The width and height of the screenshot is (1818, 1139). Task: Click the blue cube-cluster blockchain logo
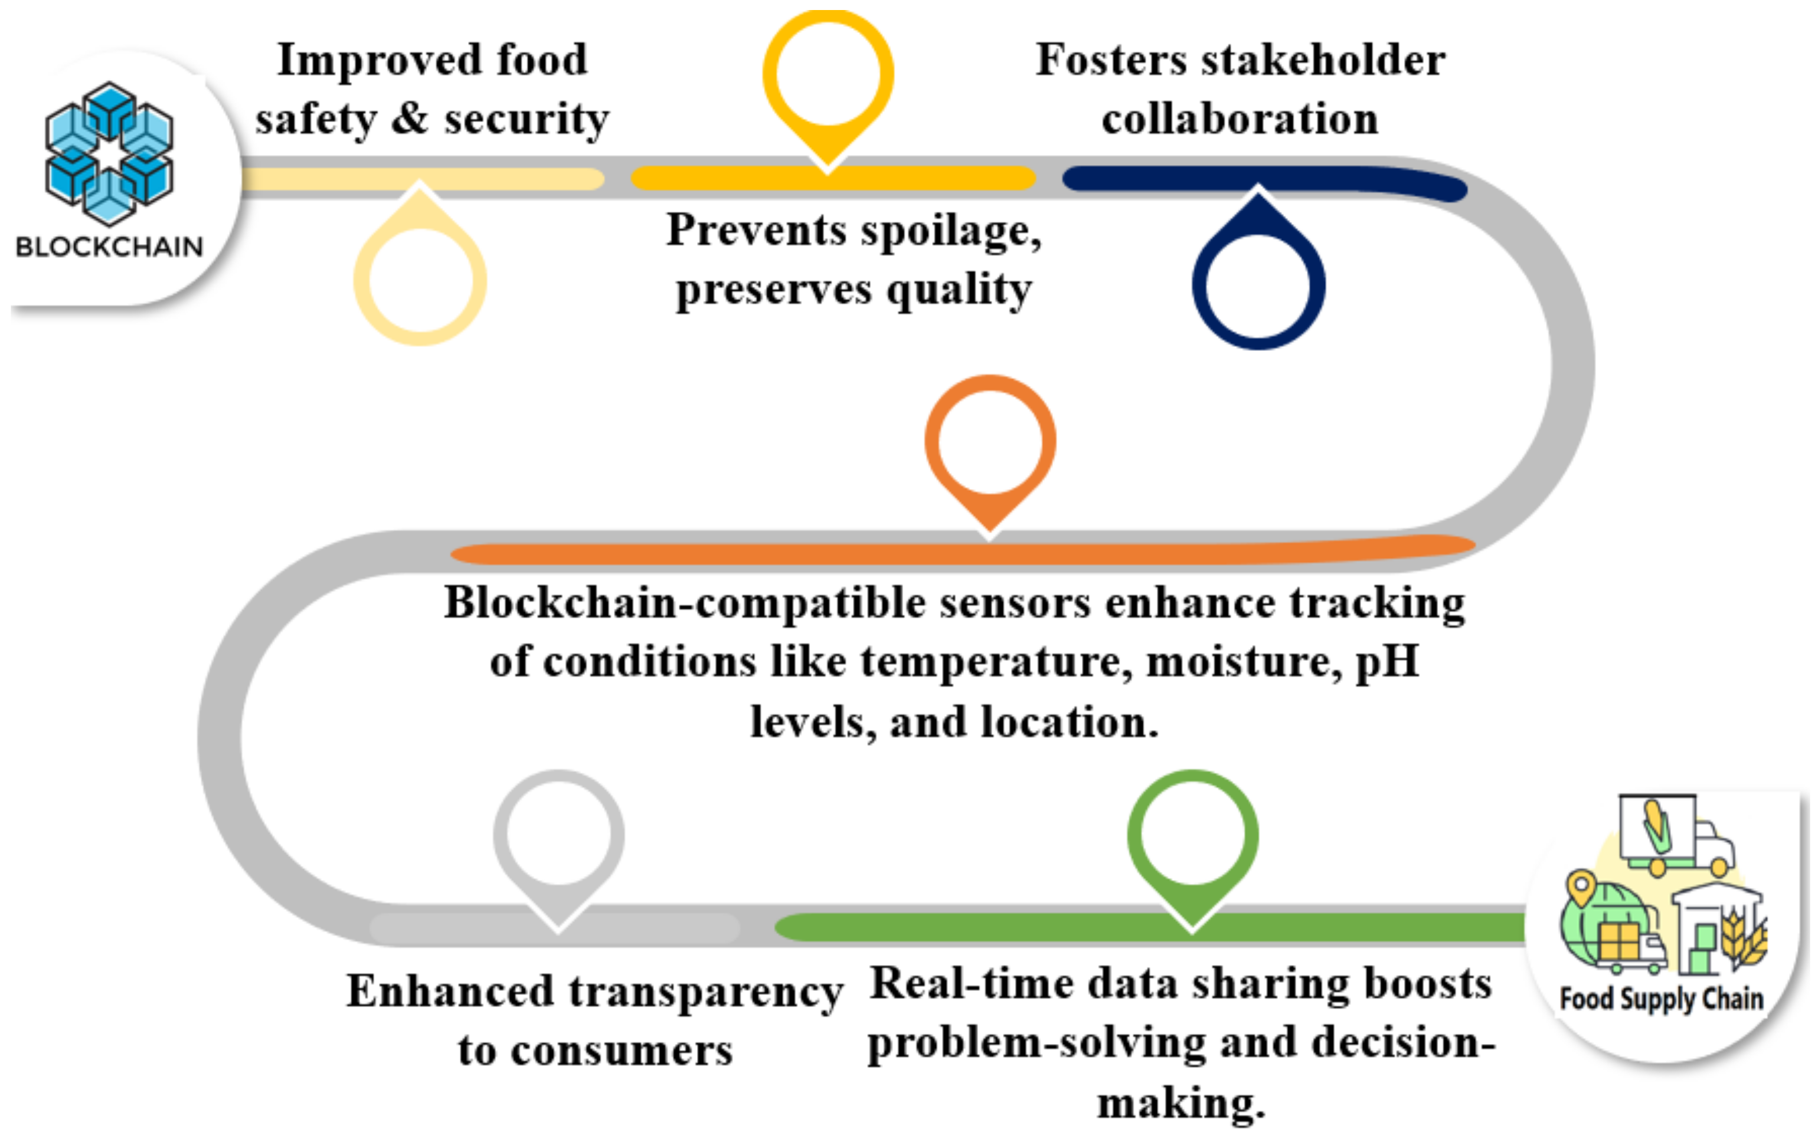click(x=109, y=154)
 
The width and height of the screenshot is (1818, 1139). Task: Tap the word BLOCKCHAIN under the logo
click(x=109, y=247)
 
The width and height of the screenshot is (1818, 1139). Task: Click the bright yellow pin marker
click(x=828, y=76)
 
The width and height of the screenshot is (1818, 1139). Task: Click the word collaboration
click(x=1240, y=119)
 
